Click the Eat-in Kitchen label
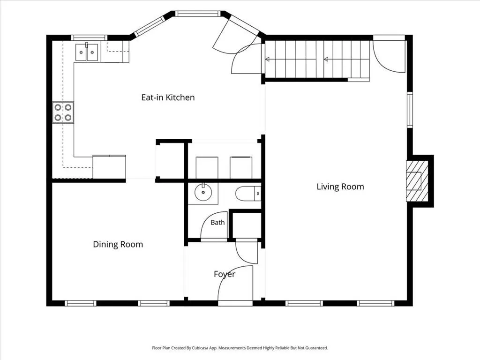pyautogui.click(x=168, y=97)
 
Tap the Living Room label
pyautogui.click(x=340, y=187)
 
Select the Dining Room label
pyautogui.click(x=118, y=244)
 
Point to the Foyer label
pyautogui.click(x=225, y=274)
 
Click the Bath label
pyautogui.click(x=217, y=223)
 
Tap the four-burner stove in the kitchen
pyautogui.click(x=63, y=112)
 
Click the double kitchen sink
pyautogui.click(x=87, y=52)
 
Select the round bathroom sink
pyautogui.click(x=203, y=193)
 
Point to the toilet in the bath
pyautogui.click(x=248, y=194)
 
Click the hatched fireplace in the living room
pyautogui.click(x=417, y=181)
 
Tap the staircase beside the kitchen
pyautogui.click(x=317, y=60)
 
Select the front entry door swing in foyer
pyautogui.click(x=235, y=285)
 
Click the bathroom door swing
pyautogui.click(x=214, y=225)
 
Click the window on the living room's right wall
pyautogui.click(x=410, y=109)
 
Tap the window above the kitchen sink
pyautogui.click(x=90, y=37)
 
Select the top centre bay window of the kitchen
pyautogui.click(x=198, y=14)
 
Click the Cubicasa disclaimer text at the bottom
pyautogui.click(x=240, y=348)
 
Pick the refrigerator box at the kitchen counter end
pyautogui.click(x=109, y=167)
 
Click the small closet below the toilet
pyautogui.click(x=246, y=225)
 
